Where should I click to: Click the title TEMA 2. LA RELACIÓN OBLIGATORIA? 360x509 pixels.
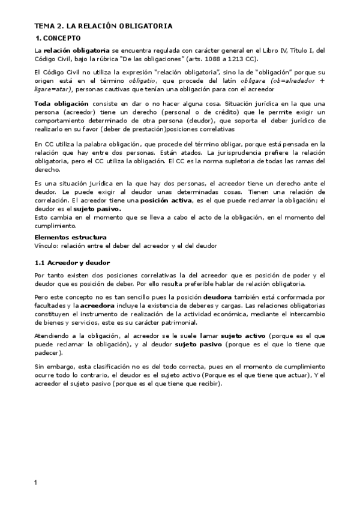click(x=103, y=26)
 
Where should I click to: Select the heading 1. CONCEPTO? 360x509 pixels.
click(x=59, y=38)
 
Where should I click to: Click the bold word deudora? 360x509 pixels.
click(x=221, y=297)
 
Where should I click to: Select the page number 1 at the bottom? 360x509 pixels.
click(x=35, y=483)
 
